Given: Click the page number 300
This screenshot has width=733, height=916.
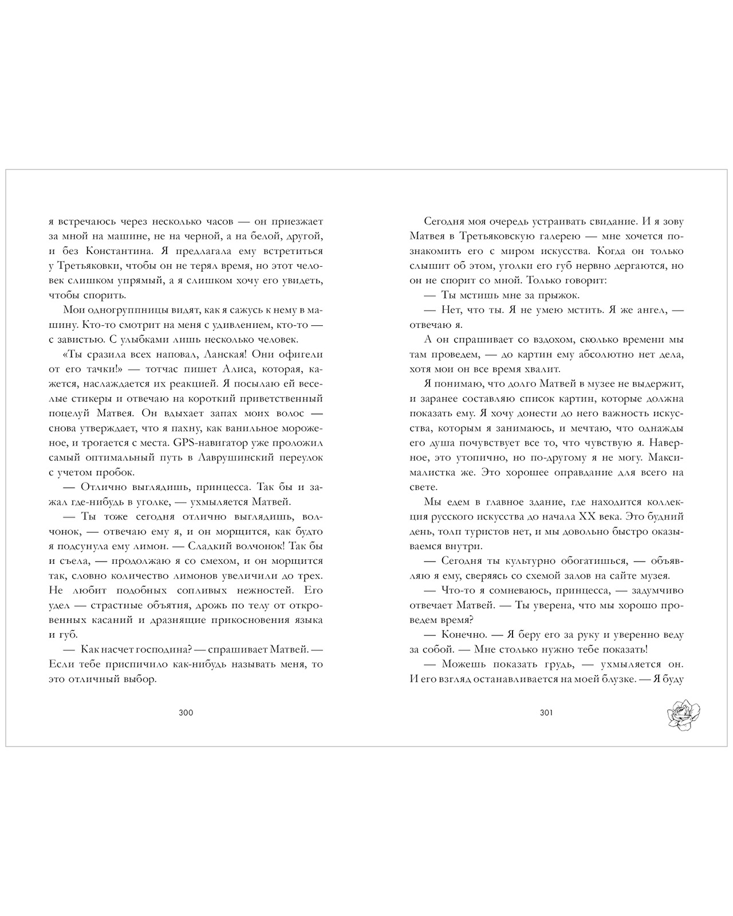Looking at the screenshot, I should pos(186,713).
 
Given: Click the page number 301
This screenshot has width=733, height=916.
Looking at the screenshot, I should pos(546,713).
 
